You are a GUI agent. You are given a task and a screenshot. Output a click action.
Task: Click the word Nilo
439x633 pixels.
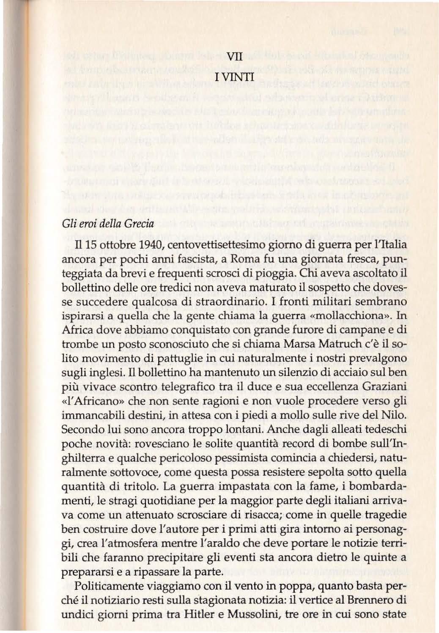[394, 415]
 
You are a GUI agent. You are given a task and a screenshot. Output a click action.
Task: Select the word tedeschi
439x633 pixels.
[384, 430]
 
